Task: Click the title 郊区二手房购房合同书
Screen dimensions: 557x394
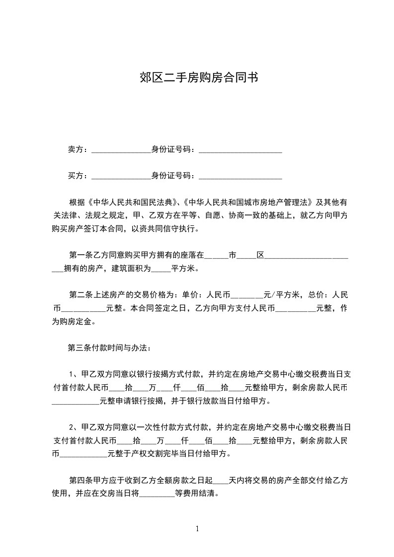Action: pos(197,77)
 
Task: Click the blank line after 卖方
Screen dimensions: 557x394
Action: pos(121,150)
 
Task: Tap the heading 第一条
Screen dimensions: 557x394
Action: pos(79,256)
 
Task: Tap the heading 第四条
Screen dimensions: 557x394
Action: pos(79,480)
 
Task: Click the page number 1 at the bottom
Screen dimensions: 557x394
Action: pos(197,528)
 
